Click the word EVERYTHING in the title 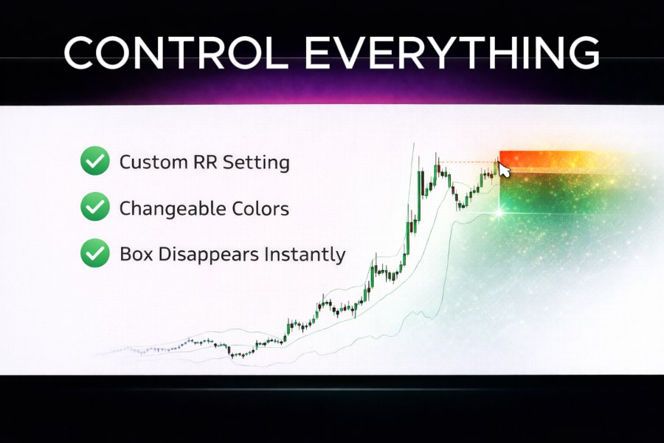point(452,53)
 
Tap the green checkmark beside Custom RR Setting point(94,161)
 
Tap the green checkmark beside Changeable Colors point(94,207)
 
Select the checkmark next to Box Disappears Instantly point(94,254)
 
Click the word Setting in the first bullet point(258,162)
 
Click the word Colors point(260,208)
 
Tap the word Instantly point(309,255)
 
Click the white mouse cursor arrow point(505,169)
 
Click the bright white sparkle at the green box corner point(499,212)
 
